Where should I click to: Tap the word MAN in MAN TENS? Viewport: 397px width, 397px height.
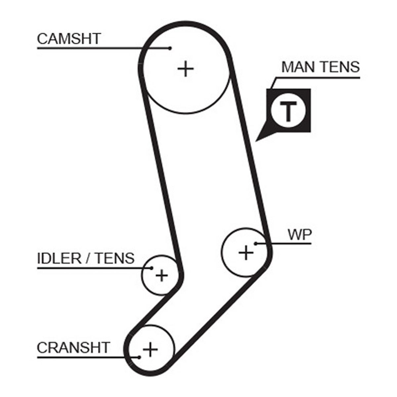point(297,67)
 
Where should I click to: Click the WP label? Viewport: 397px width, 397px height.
point(300,235)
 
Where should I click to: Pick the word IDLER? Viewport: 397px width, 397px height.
point(59,258)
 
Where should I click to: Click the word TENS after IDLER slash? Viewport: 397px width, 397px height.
point(115,258)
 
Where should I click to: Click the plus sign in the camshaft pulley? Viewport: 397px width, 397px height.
point(186,68)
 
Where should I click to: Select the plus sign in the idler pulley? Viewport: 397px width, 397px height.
point(162,275)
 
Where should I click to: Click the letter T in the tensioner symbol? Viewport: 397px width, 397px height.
point(288,111)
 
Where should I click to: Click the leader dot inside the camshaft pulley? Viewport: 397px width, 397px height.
point(170,48)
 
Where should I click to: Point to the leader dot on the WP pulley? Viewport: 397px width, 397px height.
point(255,244)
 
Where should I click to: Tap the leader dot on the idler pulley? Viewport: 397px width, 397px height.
point(152,268)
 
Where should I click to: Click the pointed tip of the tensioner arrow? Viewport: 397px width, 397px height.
point(255,141)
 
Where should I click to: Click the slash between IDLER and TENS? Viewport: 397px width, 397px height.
point(89,258)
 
